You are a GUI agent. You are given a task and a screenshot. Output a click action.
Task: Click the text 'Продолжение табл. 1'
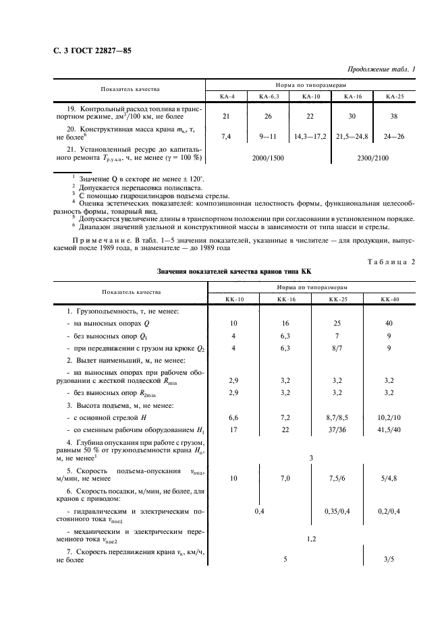click(x=382, y=69)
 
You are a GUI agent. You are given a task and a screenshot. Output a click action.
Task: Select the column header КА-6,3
click(x=269, y=96)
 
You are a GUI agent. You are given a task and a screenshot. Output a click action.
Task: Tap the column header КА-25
click(x=394, y=96)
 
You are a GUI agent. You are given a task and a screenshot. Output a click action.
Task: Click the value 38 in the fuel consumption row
click(x=394, y=117)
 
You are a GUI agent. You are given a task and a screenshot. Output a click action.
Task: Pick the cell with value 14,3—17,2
click(x=310, y=137)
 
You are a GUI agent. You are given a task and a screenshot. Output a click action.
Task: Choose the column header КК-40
click(x=389, y=298)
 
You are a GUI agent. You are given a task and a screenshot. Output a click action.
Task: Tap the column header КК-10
click(x=233, y=298)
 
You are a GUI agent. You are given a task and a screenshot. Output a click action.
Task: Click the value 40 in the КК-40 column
click(x=389, y=324)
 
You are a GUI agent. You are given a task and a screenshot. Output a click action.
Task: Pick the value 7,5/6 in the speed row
click(x=337, y=478)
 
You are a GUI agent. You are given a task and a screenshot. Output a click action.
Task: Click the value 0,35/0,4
click(x=337, y=512)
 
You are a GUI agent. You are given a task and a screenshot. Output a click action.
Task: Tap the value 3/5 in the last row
click(x=389, y=559)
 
